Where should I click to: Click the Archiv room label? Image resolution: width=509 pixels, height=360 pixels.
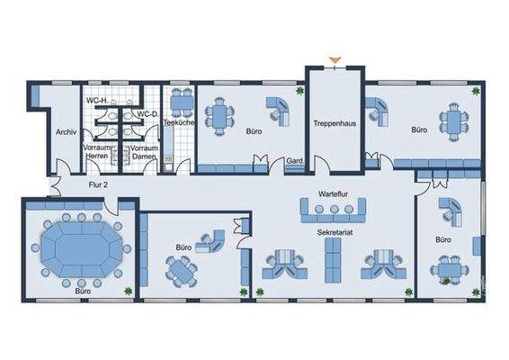click(x=65, y=131)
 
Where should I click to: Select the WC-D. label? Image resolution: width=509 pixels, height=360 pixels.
click(x=147, y=114)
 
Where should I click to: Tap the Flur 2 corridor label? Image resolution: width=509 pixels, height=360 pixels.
click(x=98, y=185)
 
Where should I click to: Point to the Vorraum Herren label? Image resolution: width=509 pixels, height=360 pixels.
click(x=96, y=151)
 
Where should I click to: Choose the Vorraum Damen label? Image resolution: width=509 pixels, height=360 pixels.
click(x=144, y=151)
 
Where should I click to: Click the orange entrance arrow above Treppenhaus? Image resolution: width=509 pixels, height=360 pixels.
click(x=335, y=61)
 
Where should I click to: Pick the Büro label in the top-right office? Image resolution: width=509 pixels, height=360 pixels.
click(x=419, y=130)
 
